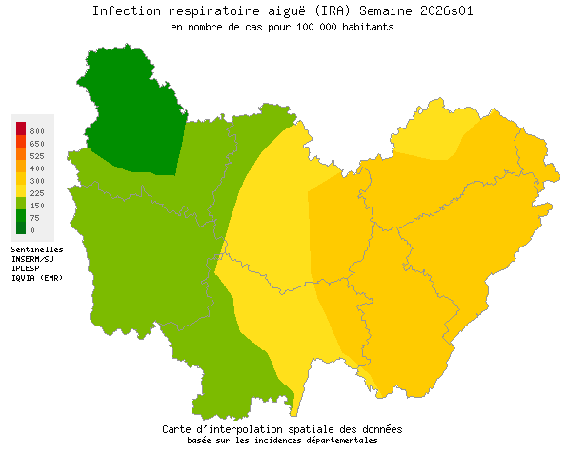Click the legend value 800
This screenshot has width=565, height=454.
pos(37,130)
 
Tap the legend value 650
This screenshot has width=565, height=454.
pos(37,143)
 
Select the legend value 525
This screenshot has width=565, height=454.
pos(37,155)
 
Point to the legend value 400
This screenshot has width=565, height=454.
pos(37,168)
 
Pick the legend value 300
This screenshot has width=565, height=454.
pos(37,180)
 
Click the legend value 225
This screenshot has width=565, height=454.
pos(37,192)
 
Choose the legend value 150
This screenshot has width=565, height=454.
pos(37,205)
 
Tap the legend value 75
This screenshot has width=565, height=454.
pos(35,217)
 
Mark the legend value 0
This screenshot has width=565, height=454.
pos(32,229)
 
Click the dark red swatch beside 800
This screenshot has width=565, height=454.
pos(21,128)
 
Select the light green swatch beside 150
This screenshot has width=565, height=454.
pos(21,204)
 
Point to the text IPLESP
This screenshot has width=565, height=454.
pos(26,268)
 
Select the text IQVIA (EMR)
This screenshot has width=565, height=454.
pos(37,278)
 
